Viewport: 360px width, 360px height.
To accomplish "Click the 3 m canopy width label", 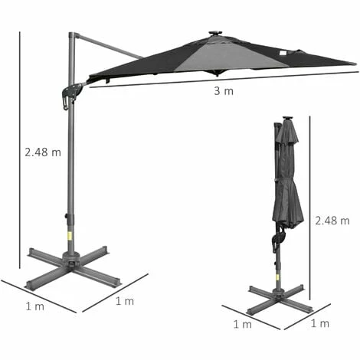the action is [224, 91].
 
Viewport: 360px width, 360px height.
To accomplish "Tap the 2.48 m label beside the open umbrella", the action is [43, 152].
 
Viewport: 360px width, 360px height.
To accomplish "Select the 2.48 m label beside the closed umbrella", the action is [332, 221].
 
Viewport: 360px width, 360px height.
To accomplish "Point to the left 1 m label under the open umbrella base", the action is [35, 306].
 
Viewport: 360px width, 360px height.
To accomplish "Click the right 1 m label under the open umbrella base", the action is [125, 301].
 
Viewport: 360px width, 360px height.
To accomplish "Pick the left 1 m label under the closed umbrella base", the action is [243, 325].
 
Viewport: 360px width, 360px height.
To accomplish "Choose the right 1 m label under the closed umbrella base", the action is [320, 323].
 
